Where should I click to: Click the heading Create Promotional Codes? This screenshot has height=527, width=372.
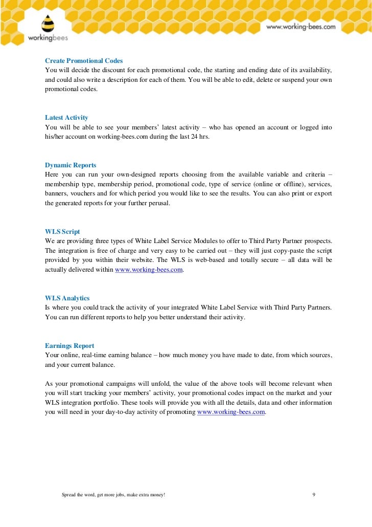pyautogui.click(x=84, y=60)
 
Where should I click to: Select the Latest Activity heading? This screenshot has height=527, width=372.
pyautogui.click(x=66, y=117)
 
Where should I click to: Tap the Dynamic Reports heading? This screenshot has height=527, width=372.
pyautogui.click(x=71, y=165)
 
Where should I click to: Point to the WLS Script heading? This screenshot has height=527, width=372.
pyautogui.click(x=62, y=231)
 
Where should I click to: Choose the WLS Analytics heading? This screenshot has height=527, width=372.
pyautogui.click(x=67, y=298)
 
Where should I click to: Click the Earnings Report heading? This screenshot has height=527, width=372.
pyautogui.click(x=69, y=346)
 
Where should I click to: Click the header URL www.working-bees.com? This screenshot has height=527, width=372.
pyautogui.click(x=300, y=27)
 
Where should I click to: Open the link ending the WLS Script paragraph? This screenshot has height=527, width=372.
pyautogui.click(x=149, y=270)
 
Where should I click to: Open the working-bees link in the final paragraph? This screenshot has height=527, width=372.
pyautogui.click(x=231, y=412)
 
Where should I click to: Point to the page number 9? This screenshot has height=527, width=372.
pyautogui.click(x=313, y=495)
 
